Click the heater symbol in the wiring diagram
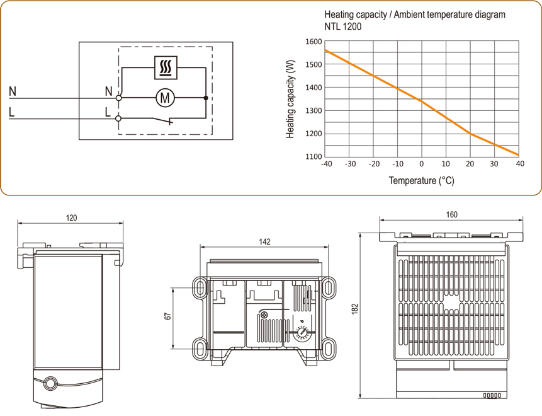[166, 67]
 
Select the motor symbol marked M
[165, 98]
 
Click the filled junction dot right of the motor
[206, 98]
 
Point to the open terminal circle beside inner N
[120, 98]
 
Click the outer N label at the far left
[13, 92]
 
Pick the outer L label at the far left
[12, 113]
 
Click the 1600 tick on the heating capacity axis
[313, 42]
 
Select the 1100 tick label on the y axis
[313, 156]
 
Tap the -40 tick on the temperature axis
[325, 165]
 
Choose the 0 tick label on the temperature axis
[422, 165]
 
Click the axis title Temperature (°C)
[421, 181]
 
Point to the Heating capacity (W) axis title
[291, 99]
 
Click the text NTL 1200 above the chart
[342, 27]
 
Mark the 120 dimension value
[71, 217]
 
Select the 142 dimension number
[264, 242]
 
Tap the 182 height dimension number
[355, 309]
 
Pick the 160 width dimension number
[452, 214]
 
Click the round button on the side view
[49, 382]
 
